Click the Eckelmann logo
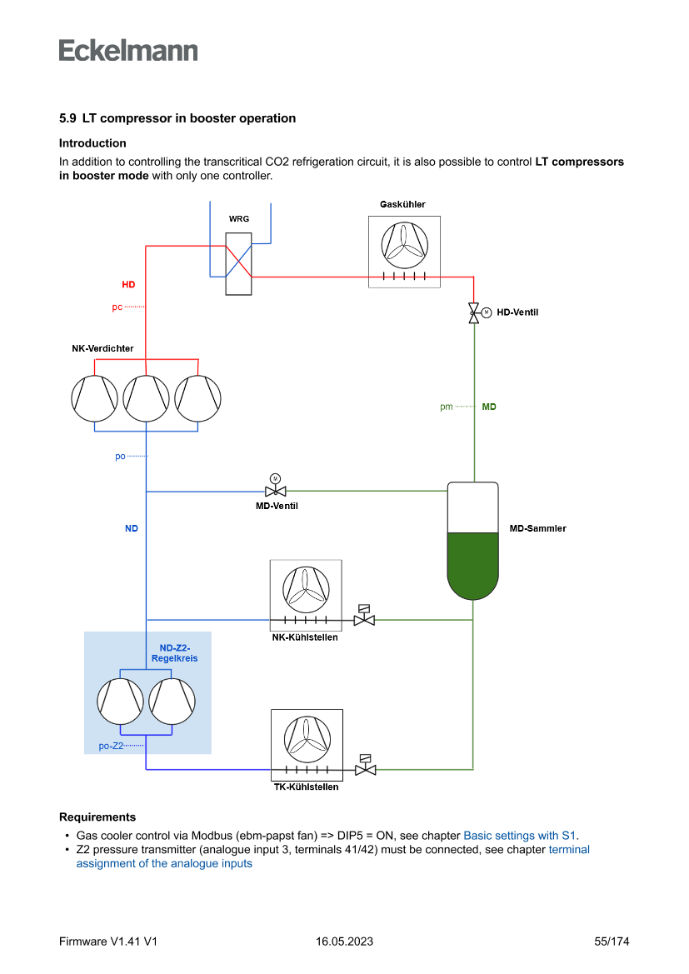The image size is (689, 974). (128, 50)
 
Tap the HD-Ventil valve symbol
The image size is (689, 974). (474, 312)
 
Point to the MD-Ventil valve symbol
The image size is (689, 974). (275, 491)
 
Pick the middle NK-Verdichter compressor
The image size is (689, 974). (147, 398)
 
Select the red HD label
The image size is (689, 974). (128, 285)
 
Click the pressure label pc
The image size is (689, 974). (117, 307)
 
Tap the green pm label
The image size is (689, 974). (447, 407)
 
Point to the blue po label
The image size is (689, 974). (120, 457)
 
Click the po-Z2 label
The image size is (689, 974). (111, 746)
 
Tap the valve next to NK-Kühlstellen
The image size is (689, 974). (364, 619)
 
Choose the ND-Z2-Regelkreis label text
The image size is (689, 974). (175, 653)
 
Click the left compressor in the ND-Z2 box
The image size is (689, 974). (120, 702)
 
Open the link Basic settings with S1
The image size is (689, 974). (519, 835)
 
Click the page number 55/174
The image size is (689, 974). (612, 942)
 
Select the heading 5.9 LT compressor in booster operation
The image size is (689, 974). (177, 118)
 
